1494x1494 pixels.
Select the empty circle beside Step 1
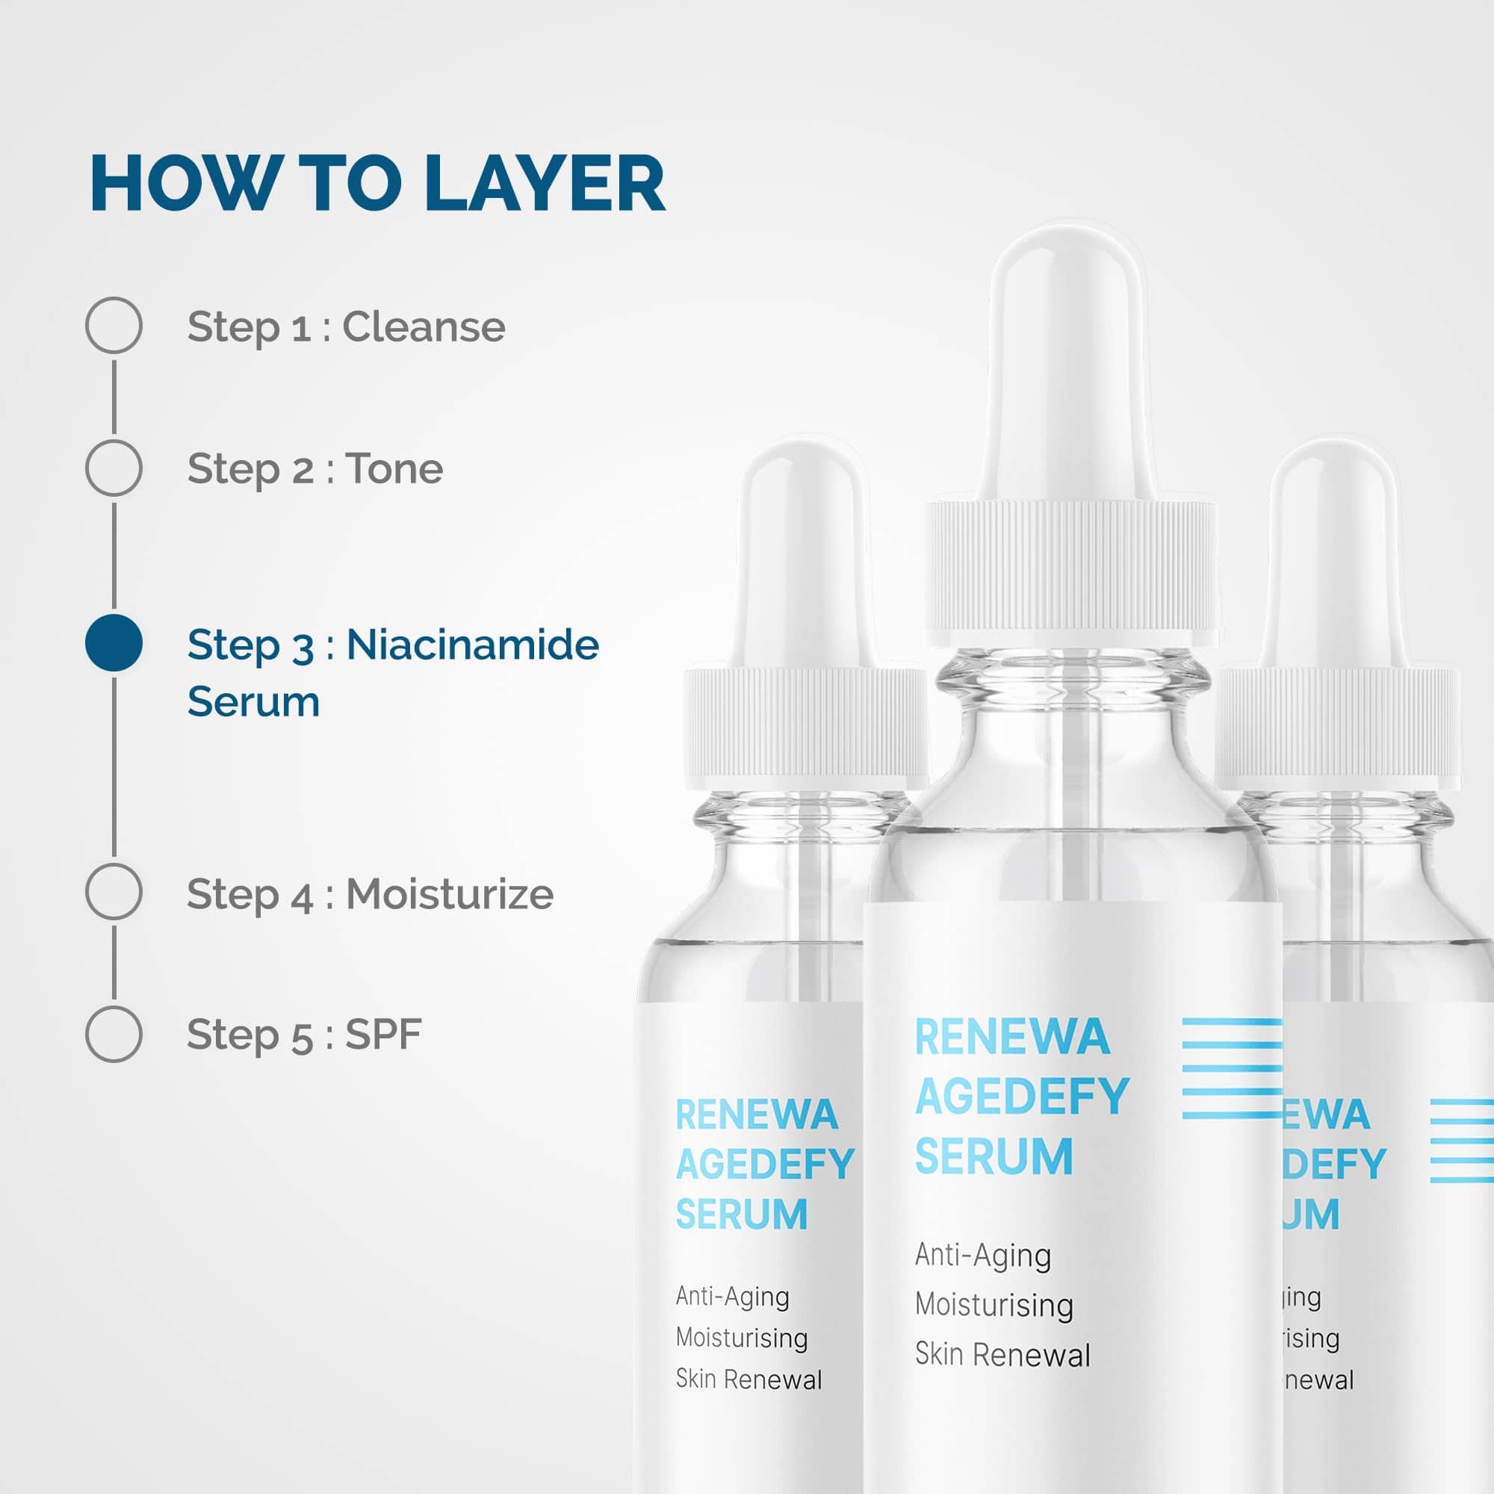(114, 326)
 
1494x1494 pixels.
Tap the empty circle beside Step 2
(114, 468)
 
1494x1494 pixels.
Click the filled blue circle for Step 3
(114, 642)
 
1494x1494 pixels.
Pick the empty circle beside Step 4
(114, 892)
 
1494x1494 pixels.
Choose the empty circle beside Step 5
(114, 1034)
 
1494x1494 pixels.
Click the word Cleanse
(424, 326)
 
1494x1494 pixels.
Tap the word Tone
(394, 468)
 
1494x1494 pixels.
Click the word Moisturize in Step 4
(449, 894)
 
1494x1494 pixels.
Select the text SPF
(383, 1034)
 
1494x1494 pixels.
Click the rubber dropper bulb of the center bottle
(1067, 364)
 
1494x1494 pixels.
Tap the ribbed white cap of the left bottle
(806, 728)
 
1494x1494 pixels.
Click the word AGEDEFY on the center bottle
(1023, 1097)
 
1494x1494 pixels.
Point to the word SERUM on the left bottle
(742, 1214)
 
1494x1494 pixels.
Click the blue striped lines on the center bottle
(1232, 1070)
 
